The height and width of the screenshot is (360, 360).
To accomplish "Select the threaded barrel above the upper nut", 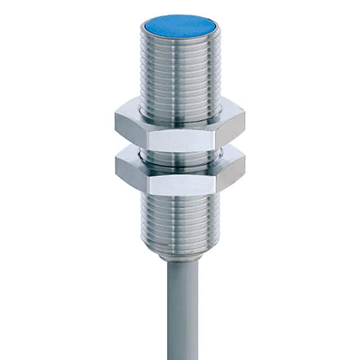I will coord(179,73).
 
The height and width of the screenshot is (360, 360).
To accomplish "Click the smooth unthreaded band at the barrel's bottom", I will coord(179,250).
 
